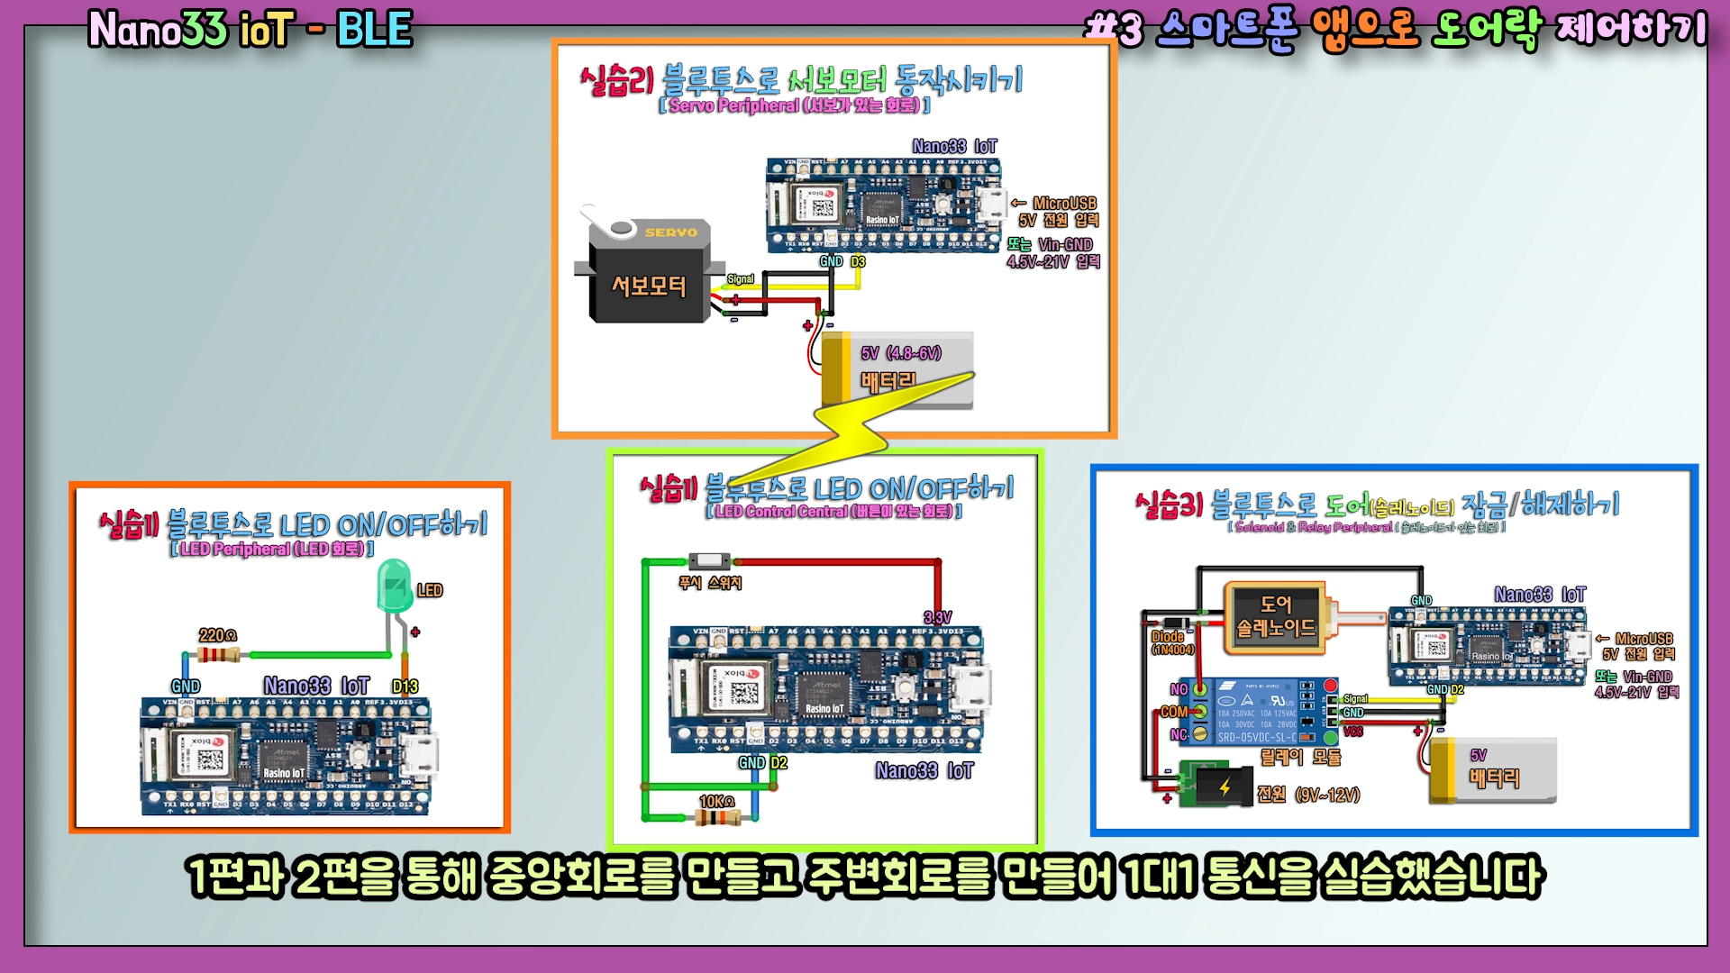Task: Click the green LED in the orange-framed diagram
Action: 394,587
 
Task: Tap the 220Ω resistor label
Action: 217,635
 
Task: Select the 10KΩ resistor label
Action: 717,801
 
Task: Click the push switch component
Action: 709,561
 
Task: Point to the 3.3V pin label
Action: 937,617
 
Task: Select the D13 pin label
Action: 405,687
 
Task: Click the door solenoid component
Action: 1275,616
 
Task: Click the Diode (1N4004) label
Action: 1170,642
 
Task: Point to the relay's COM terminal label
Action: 1173,712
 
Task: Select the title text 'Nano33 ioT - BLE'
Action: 250,30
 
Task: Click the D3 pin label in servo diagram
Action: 858,261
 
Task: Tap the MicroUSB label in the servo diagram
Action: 1064,204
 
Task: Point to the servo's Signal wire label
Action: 741,279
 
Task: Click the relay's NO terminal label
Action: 1179,689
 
